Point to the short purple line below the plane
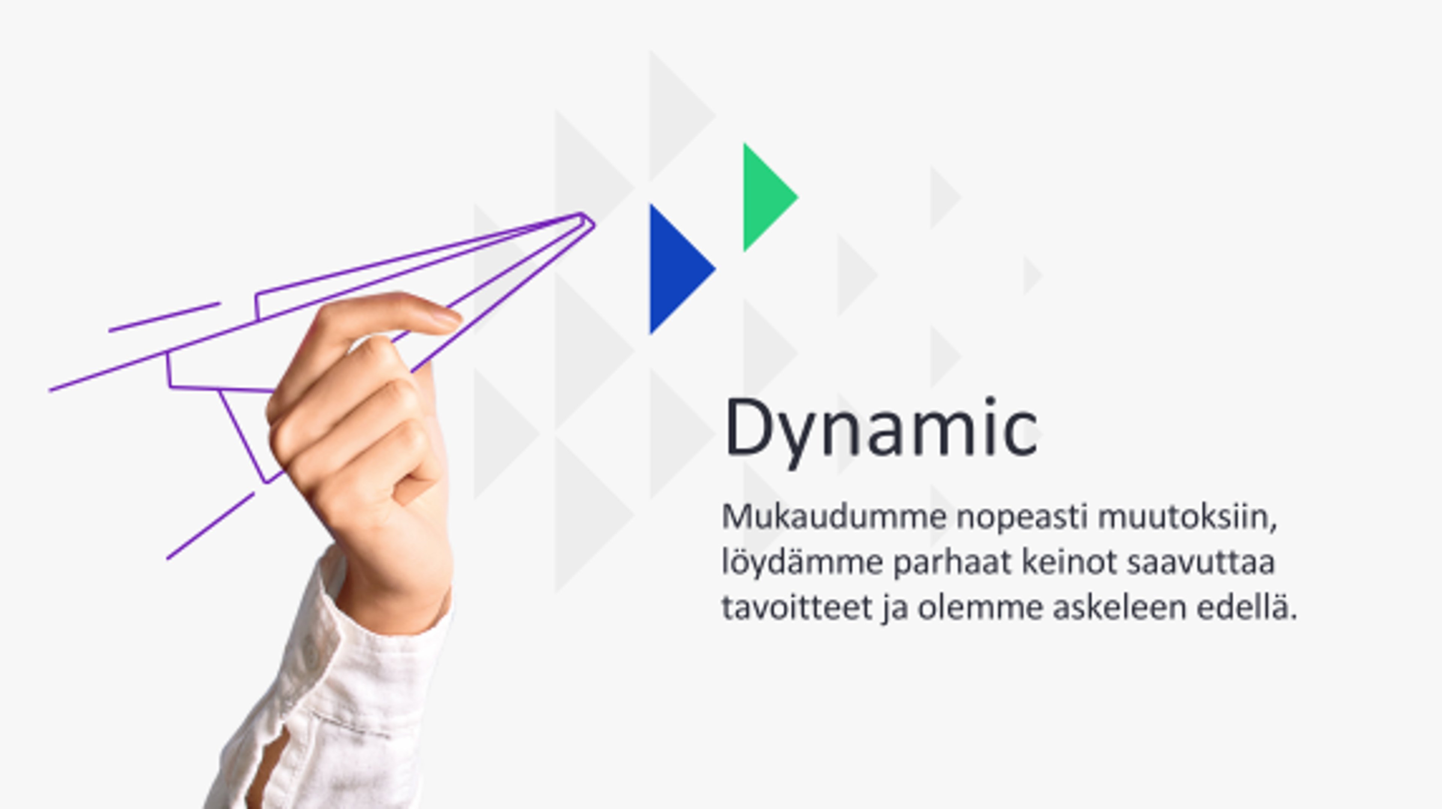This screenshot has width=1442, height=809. (x=210, y=526)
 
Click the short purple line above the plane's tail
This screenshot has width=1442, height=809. (x=164, y=317)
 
